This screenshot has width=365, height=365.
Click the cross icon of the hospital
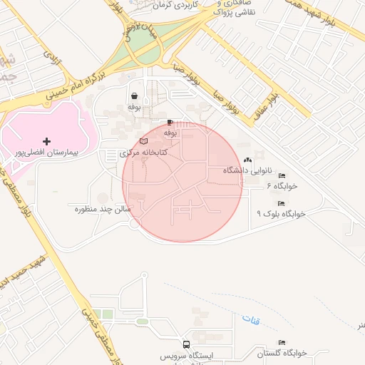[47, 142]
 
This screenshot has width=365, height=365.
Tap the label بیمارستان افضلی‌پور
[47, 153]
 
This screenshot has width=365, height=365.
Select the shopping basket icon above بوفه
[134, 96]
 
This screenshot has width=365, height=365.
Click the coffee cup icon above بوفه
[170, 123]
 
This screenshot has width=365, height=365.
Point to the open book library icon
[145, 142]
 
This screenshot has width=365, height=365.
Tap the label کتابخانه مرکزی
[143, 153]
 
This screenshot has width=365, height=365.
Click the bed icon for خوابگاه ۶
[282, 175]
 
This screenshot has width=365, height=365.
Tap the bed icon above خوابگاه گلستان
[282, 343]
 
